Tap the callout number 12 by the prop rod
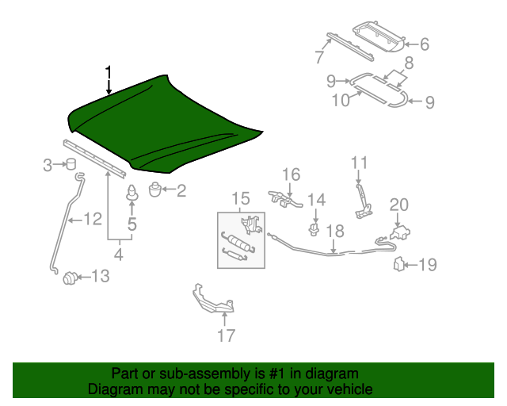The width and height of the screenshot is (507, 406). [93, 219]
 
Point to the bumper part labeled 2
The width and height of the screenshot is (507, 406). [155, 189]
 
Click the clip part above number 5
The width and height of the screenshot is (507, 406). [132, 193]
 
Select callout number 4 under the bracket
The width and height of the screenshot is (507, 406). [119, 255]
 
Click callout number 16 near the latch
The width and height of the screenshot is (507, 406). [291, 174]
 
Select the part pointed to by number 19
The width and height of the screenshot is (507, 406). [400, 264]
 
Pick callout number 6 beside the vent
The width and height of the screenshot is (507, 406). [424, 45]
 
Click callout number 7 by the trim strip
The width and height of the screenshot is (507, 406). [318, 56]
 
